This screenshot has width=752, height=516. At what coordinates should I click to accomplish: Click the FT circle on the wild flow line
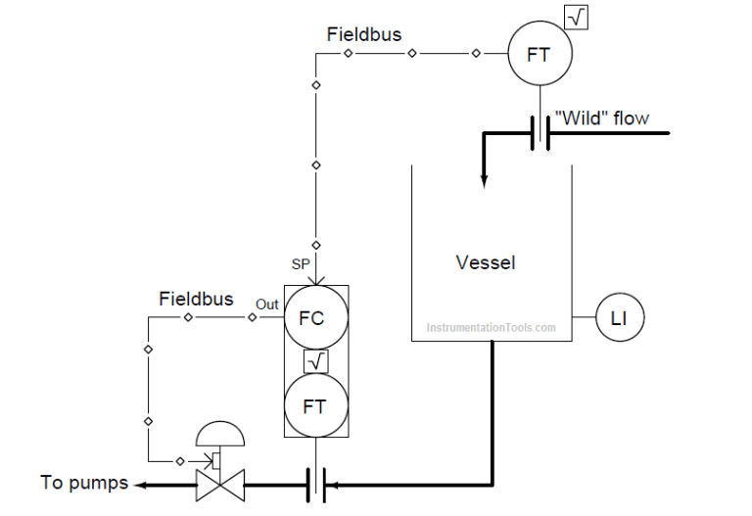click(539, 54)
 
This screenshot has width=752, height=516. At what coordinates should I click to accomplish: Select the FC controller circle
click(315, 318)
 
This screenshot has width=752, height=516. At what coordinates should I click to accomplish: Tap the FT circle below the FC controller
click(315, 405)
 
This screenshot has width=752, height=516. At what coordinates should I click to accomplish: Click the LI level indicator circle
click(619, 318)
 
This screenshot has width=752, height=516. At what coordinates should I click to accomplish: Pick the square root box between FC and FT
click(315, 361)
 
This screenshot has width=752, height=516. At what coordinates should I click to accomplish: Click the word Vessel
click(485, 262)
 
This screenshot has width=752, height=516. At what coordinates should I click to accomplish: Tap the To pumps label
click(84, 483)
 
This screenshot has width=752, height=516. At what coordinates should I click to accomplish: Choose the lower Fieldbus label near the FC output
click(196, 299)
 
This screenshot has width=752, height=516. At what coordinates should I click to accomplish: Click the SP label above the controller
click(302, 264)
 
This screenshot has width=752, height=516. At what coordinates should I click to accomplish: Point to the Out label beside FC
click(267, 305)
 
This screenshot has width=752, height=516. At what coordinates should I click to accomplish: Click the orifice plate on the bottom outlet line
click(314, 483)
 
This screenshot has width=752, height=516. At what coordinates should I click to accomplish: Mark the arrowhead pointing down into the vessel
click(483, 179)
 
